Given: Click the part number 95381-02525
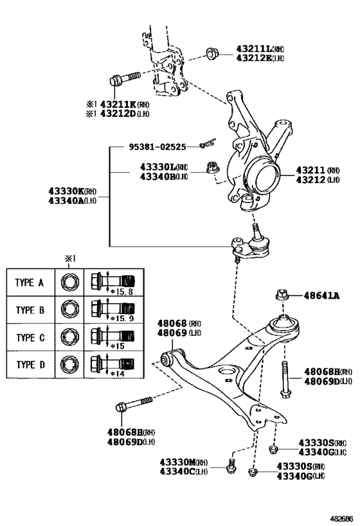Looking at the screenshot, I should [154, 147].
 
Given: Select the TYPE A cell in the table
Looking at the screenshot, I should [30, 281].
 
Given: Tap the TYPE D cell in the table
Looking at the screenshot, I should [30, 365].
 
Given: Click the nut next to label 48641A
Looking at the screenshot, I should [280, 295].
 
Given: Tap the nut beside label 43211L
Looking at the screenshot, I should [212, 53].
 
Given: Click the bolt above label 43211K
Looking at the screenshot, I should [125, 80].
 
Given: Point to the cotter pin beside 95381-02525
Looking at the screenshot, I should [207, 145].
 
